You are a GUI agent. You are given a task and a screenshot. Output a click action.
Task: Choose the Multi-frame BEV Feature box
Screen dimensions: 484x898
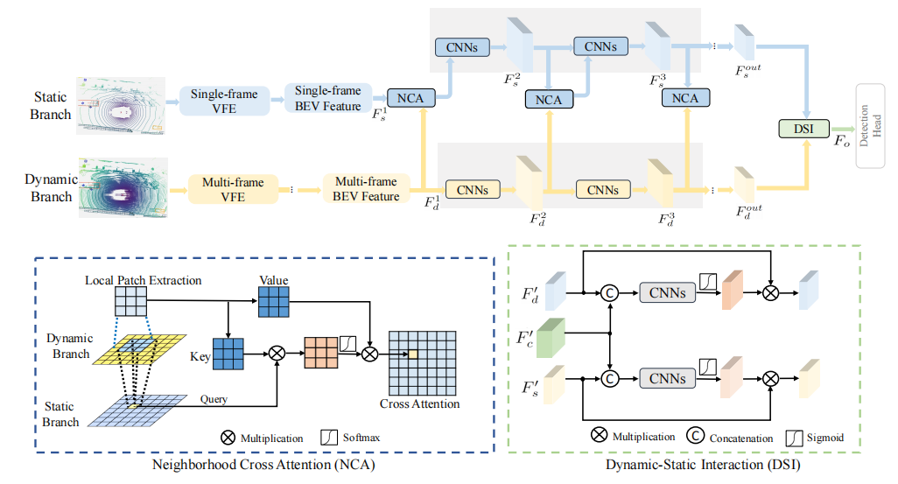click(365, 189)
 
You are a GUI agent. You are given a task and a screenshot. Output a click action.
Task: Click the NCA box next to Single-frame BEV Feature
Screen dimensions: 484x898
click(410, 98)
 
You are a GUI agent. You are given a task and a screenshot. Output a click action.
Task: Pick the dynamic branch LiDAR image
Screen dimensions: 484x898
click(121, 186)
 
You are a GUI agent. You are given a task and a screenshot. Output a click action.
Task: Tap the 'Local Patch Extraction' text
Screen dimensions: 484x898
click(144, 281)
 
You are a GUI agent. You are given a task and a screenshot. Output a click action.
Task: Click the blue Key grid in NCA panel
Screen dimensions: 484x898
click(228, 354)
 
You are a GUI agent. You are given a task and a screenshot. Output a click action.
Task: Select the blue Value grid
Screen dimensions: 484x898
click(273, 303)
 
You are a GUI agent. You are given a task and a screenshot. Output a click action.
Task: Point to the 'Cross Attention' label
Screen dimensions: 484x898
click(419, 403)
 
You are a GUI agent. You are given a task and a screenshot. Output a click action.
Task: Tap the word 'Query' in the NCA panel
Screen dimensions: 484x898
click(213, 399)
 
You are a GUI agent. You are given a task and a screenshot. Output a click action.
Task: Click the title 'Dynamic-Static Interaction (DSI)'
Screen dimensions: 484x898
click(702, 466)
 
